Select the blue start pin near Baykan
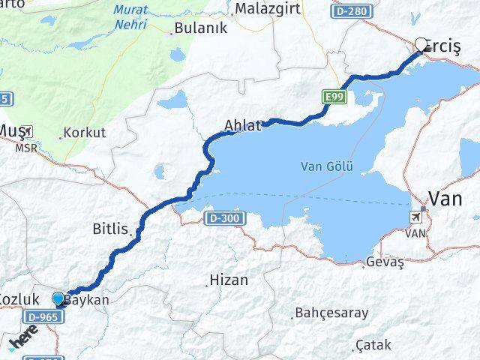(x=59, y=299)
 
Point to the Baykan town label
(x=88, y=300)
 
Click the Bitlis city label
(x=111, y=227)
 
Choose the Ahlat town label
(x=242, y=126)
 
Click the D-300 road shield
(x=221, y=217)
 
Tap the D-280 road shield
(x=350, y=12)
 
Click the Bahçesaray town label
(x=330, y=311)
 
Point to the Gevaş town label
(x=385, y=262)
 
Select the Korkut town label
(x=85, y=133)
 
